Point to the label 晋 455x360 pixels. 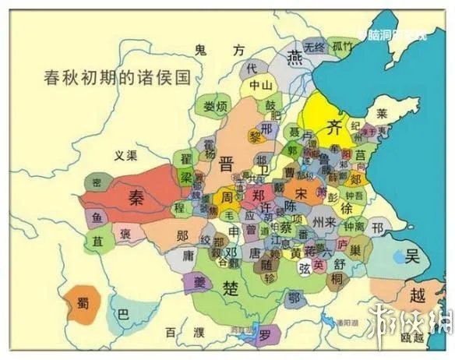(x=226, y=164)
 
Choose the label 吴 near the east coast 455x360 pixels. (x=412, y=256)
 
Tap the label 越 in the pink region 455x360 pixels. (x=418, y=295)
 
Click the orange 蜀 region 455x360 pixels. (x=82, y=303)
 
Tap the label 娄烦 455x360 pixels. (x=210, y=106)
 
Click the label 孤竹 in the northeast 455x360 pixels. (x=343, y=47)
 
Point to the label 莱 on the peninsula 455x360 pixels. (x=382, y=113)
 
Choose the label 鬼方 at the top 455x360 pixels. (x=219, y=49)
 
